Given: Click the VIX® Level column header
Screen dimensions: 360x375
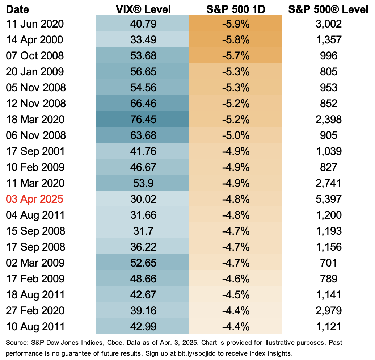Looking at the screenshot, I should pos(143,9).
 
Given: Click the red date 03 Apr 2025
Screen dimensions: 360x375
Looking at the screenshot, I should pos(35,199).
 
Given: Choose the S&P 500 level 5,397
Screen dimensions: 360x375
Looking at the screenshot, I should pos(328,199).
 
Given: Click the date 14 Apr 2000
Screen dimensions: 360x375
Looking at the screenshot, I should pos(35,40).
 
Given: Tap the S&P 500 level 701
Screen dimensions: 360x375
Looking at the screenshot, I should pos(328,263).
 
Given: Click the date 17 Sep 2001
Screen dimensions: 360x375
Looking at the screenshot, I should pos(35,151).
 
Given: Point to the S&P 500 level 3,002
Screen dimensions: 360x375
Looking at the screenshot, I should pos(328,24).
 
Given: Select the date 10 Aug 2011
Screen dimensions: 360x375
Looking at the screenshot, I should pos(35,327).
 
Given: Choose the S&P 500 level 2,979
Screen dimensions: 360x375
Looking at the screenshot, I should pos(328,311).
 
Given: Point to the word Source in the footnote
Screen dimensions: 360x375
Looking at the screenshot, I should pos(15,342).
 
